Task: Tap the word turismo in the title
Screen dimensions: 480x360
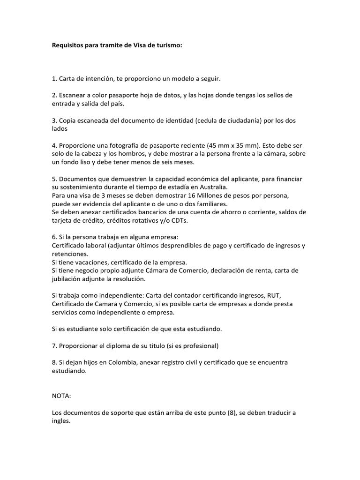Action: (x=169, y=46)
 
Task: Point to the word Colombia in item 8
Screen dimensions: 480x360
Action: (x=117, y=363)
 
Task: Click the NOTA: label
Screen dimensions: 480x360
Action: (x=61, y=396)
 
